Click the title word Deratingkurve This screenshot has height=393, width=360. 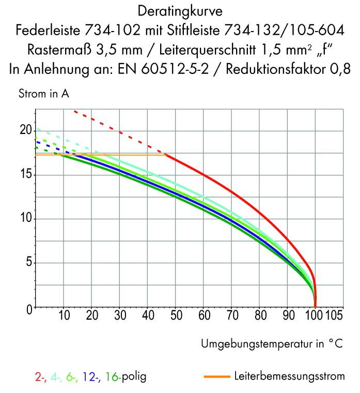click(179, 10)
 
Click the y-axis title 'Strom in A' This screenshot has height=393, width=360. click(43, 94)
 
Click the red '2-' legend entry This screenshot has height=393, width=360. click(40, 377)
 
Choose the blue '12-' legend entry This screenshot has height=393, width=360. click(90, 377)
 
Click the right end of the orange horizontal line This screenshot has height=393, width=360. click(165, 155)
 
